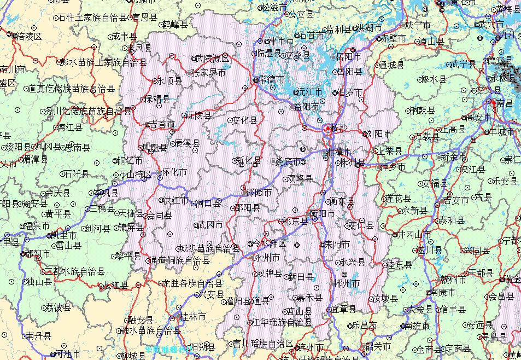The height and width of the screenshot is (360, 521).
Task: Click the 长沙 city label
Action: tap(338, 128)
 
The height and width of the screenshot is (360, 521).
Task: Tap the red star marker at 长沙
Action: tap(327, 129)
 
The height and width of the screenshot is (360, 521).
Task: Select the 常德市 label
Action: tap(272, 80)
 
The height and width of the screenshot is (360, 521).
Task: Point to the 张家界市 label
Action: tap(208, 72)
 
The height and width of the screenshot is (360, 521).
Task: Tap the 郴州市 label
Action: tap(346, 283)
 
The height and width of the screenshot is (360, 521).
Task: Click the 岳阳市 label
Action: tap(348, 57)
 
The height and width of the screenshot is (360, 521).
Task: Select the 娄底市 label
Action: tap(288, 161)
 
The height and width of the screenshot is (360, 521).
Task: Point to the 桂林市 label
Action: tap(193, 317)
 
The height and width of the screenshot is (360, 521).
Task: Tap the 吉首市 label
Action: tap(162, 125)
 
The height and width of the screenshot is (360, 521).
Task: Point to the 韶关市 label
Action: tap(378, 346)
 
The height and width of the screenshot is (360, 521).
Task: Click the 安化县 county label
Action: tap(244, 120)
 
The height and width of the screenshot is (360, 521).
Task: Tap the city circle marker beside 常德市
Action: tap(255, 80)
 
